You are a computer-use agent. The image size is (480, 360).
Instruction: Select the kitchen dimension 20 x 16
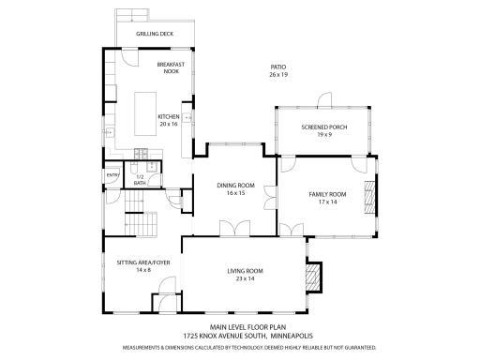(x=169, y=124)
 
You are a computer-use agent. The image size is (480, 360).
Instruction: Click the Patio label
(x=277, y=67)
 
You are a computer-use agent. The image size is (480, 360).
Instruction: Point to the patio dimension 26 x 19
(x=278, y=74)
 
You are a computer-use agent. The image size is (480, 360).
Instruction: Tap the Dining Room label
(x=236, y=185)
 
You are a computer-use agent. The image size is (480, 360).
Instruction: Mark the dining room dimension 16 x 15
(x=235, y=192)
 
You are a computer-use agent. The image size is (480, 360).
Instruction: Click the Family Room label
(x=328, y=194)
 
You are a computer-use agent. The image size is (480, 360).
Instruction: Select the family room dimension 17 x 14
(x=328, y=202)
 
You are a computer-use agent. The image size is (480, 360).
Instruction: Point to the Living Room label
(x=244, y=271)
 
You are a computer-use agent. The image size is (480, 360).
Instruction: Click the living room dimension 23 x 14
(x=244, y=278)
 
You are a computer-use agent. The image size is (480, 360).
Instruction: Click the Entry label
(x=112, y=174)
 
